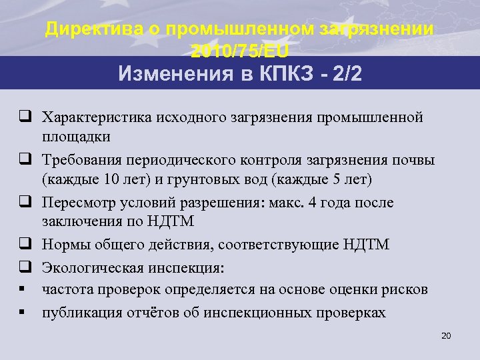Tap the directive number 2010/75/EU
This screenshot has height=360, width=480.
tap(240, 51)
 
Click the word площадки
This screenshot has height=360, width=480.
tap(75, 136)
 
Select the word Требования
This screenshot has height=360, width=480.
tap(85, 160)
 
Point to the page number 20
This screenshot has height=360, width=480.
tap(447, 335)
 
